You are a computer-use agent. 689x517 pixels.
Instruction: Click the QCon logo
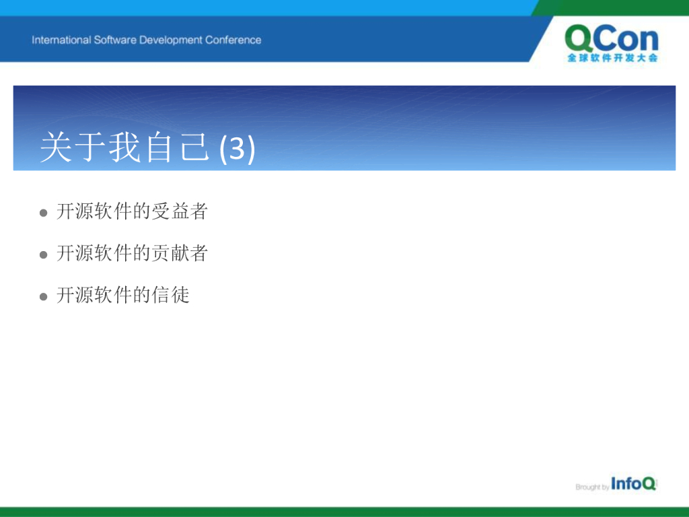coord(612,43)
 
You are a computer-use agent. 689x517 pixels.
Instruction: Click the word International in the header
coord(61,40)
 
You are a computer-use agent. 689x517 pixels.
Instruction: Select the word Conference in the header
coord(233,40)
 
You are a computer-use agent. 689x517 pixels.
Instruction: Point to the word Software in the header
coord(115,40)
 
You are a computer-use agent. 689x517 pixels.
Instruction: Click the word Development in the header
coord(170,40)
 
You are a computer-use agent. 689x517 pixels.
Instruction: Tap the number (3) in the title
coord(238,149)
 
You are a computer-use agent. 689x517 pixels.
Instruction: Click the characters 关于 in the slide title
coord(73,147)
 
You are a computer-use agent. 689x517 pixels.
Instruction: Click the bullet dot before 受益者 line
coord(44,213)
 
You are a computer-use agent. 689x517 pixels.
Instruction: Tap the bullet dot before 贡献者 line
coord(44,254)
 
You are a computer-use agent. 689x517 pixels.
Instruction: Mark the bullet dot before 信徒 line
coord(44,297)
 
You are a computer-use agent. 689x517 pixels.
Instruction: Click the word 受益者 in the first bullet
coord(179,211)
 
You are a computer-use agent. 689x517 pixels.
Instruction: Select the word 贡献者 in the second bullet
coord(179,253)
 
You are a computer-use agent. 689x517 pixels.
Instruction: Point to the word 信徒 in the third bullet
coord(170,295)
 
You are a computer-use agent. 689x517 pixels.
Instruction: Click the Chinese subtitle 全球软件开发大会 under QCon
coord(612,58)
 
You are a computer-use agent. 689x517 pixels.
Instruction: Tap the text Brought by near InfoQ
coord(592,487)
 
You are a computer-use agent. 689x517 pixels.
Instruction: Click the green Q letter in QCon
coord(579,38)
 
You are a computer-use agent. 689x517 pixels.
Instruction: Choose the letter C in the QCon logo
coord(606,40)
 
